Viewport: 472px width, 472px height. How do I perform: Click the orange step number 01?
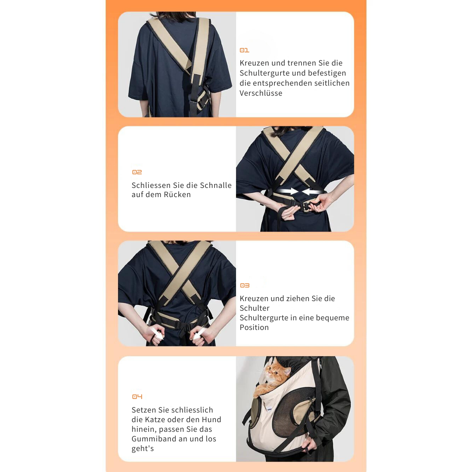(x=244, y=50)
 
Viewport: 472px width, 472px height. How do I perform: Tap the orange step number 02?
(x=137, y=172)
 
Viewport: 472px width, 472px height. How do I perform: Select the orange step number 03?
(x=244, y=285)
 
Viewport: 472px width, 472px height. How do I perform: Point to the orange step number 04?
(x=137, y=397)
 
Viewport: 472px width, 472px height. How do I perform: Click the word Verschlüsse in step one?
(x=261, y=93)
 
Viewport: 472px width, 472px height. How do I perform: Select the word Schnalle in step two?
(x=216, y=185)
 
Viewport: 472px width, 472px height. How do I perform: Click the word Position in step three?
(x=254, y=327)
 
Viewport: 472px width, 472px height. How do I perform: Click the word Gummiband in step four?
(x=154, y=439)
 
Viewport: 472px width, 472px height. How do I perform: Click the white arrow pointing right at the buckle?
(x=287, y=191)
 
